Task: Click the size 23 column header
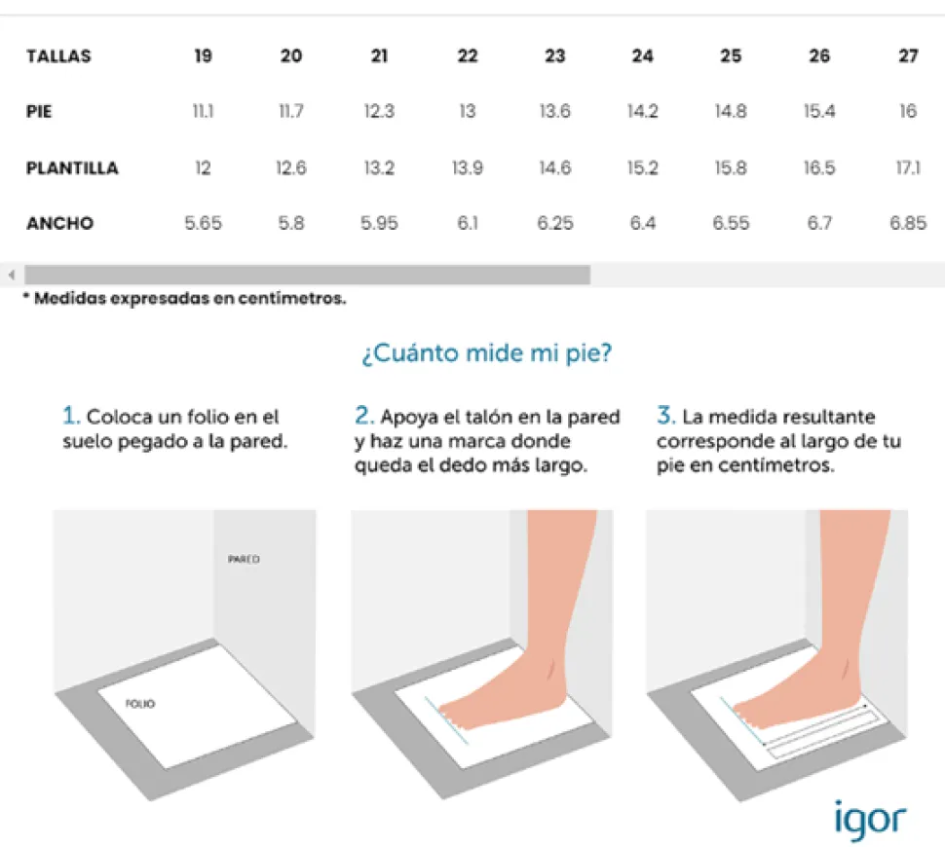555,56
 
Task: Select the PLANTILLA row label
72,168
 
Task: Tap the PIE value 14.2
642,111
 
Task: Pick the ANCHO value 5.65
203,224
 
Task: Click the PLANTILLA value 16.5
819,168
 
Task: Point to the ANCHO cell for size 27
908,224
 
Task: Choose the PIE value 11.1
203,111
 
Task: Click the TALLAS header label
58,56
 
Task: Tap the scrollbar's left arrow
12,276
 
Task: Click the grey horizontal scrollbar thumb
307,275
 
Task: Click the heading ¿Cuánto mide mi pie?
487,353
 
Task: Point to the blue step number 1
70,416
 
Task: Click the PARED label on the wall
245,559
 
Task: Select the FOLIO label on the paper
140,704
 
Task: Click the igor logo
870,821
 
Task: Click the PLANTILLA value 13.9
467,168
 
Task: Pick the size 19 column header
203,56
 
